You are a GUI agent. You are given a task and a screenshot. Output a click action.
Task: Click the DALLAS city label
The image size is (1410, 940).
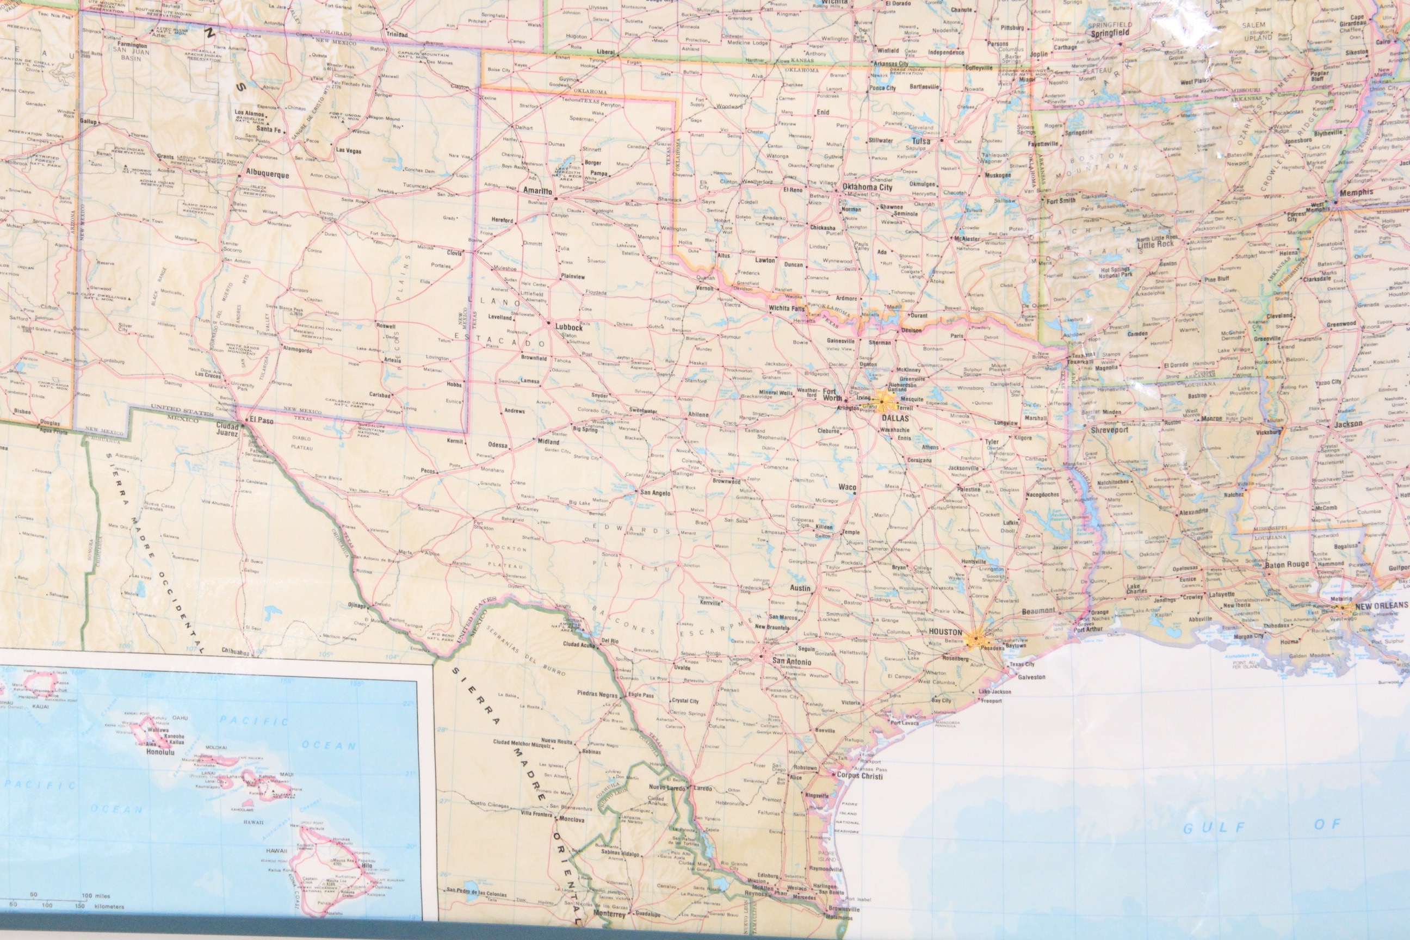click(895, 418)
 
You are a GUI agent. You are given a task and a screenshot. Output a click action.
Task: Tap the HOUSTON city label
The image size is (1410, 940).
click(945, 632)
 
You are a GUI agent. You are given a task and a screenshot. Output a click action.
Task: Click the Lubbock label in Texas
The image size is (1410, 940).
click(568, 328)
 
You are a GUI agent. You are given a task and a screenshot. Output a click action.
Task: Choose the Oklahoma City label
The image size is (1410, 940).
click(867, 187)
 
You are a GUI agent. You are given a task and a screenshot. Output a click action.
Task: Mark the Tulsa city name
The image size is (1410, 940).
click(921, 141)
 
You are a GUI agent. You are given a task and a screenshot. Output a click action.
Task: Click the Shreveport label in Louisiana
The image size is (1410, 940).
click(1109, 430)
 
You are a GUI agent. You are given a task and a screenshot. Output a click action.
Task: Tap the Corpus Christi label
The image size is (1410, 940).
click(859, 776)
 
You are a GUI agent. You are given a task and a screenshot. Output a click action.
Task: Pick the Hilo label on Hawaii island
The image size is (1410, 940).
click(366, 866)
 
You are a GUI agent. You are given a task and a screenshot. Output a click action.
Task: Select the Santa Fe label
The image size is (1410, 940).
click(269, 129)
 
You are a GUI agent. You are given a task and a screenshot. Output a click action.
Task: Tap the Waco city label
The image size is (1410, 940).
click(847, 487)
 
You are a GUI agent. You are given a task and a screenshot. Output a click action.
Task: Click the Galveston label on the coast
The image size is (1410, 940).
click(1031, 677)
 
